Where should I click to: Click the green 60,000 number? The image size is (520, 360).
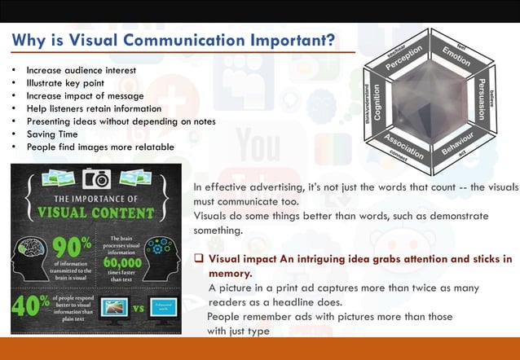point(127,265)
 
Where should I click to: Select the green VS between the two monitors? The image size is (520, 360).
point(137,309)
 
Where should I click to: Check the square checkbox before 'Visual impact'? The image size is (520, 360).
point(198,260)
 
